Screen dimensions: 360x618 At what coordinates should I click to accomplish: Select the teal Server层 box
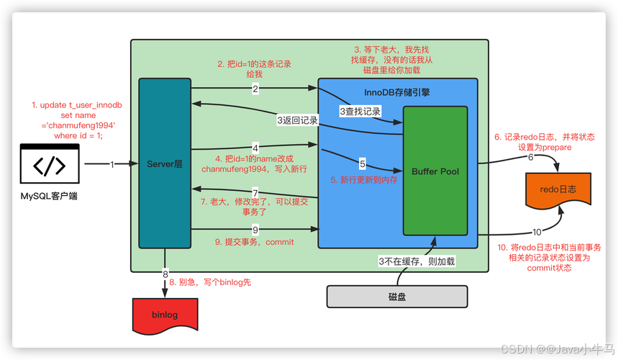point(165,164)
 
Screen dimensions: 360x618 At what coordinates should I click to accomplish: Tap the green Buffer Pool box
point(435,171)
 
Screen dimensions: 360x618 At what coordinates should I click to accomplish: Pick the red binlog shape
point(165,315)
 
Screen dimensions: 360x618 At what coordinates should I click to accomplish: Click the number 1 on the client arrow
point(112,164)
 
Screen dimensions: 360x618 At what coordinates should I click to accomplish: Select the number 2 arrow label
point(255,89)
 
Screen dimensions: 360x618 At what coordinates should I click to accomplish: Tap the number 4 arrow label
point(255,148)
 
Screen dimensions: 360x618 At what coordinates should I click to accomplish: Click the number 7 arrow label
point(255,193)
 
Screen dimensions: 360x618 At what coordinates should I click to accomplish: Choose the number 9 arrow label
point(255,230)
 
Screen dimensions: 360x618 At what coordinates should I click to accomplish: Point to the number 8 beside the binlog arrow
point(164,274)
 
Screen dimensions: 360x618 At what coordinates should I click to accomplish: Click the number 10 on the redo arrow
point(537,232)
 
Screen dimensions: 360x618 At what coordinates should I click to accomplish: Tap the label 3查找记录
point(360,112)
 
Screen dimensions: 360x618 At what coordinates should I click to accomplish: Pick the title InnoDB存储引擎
point(397,93)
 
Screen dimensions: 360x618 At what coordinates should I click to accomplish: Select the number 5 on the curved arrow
point(363,163)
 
